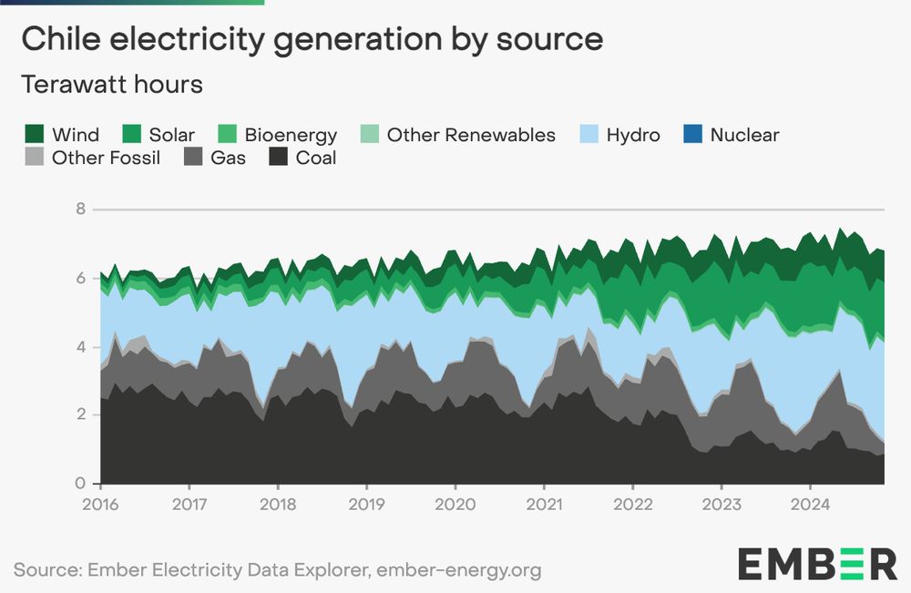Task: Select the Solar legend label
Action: [171, 135]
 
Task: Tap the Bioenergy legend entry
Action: [291, 135]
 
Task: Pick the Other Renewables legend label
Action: [470, 135]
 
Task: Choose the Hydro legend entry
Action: [632, 135]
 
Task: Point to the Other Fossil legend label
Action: [106, 158]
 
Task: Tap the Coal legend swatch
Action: [280, 158]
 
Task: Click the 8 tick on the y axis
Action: [80, 209]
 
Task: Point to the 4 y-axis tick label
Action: [80, 346]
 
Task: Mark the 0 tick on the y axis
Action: [80, 484]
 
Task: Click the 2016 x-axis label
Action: [99, 503]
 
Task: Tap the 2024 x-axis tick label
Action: [811, 503]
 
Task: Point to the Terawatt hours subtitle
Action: [111, 85]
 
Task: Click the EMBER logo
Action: [817, 564]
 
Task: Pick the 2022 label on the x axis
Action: [633, 503]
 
